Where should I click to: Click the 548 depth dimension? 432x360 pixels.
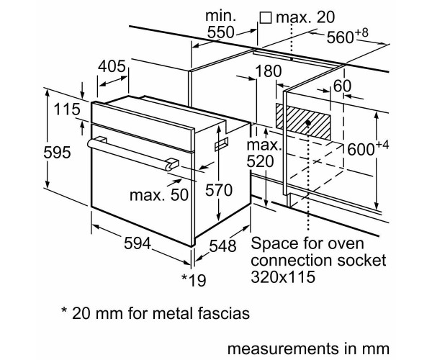pyautogui.click(x=220, y=246)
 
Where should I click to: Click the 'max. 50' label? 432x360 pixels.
pyautogui.click(x=158, y=195)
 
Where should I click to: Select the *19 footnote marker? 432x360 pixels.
pyautogui.click(x=194, y=279)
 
